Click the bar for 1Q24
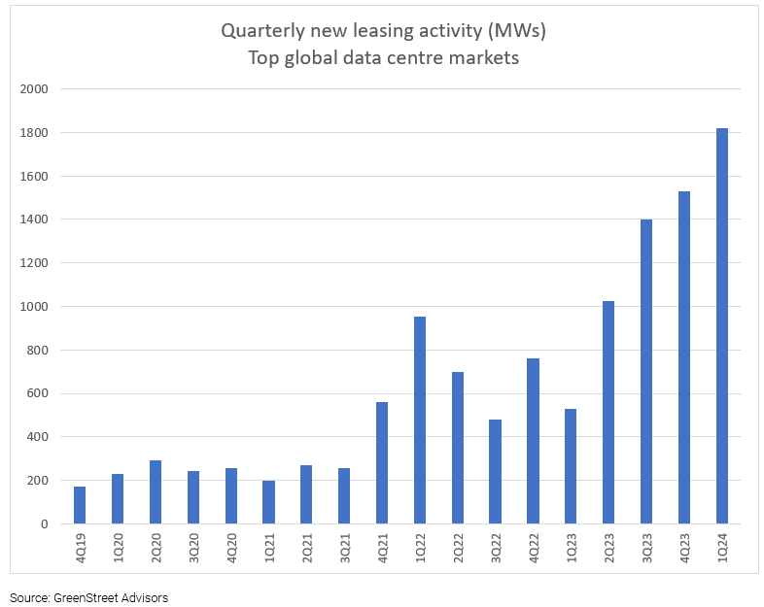[721, 325]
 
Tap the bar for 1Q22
[420, 420]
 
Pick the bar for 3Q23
[646, 371]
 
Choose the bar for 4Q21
[382, 462]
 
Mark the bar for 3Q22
[495, 471]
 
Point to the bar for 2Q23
[608, 412]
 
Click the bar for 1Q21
[268, 502]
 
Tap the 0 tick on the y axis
[45, 524]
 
